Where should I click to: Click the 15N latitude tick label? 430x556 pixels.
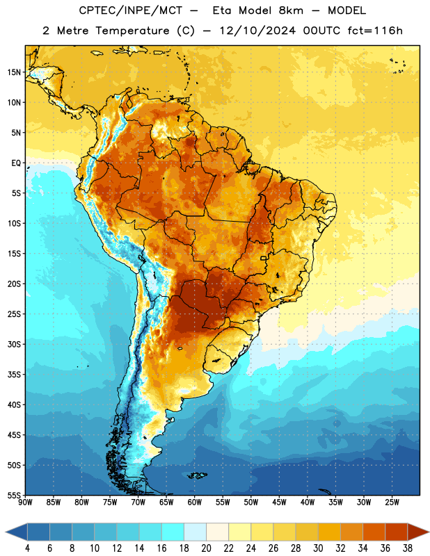point(14,72)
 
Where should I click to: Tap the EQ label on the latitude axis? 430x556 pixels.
point(16,163)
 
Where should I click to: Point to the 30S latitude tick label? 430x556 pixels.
point(14,344)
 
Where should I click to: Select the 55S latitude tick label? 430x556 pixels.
point(14,496)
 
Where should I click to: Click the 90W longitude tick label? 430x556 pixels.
point(26,502)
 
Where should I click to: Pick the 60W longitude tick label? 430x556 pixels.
point(195,502)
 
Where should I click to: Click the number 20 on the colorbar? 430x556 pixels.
point(206,548)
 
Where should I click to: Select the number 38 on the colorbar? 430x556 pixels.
point(408,548)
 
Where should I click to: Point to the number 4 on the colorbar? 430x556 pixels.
point(27,548)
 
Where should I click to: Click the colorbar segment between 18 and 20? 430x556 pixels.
point(195,532)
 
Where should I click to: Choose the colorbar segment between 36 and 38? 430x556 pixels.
point(397,532)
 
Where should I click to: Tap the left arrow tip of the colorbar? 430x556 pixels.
point(6,532)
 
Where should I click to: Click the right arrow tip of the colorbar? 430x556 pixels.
point(429,532)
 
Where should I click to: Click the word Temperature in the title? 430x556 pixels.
point(132,31)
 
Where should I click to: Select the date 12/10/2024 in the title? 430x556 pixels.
point(257,31)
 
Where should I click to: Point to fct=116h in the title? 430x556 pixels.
point(375,31)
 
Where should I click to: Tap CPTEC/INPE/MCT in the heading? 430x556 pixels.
point(130,10)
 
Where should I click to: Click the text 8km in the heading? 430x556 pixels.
point(291,10)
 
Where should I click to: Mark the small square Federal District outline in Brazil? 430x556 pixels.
point(264,258)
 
